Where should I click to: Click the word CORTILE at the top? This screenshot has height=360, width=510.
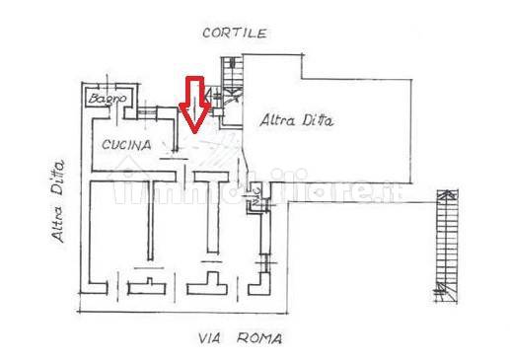tap(234, 33)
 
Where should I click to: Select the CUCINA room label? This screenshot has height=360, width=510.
tap(126, 145)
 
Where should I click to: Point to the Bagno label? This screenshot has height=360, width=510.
tap(102, 100)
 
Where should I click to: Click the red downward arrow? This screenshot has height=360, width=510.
tap(193, 104)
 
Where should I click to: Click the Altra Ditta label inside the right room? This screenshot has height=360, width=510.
tap(298, 122)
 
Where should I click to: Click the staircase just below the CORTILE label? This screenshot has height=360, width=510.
tap(233, 74)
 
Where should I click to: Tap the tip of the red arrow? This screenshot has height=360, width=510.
tap(193, 131)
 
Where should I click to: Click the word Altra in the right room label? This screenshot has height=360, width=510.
tap(277, 121)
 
